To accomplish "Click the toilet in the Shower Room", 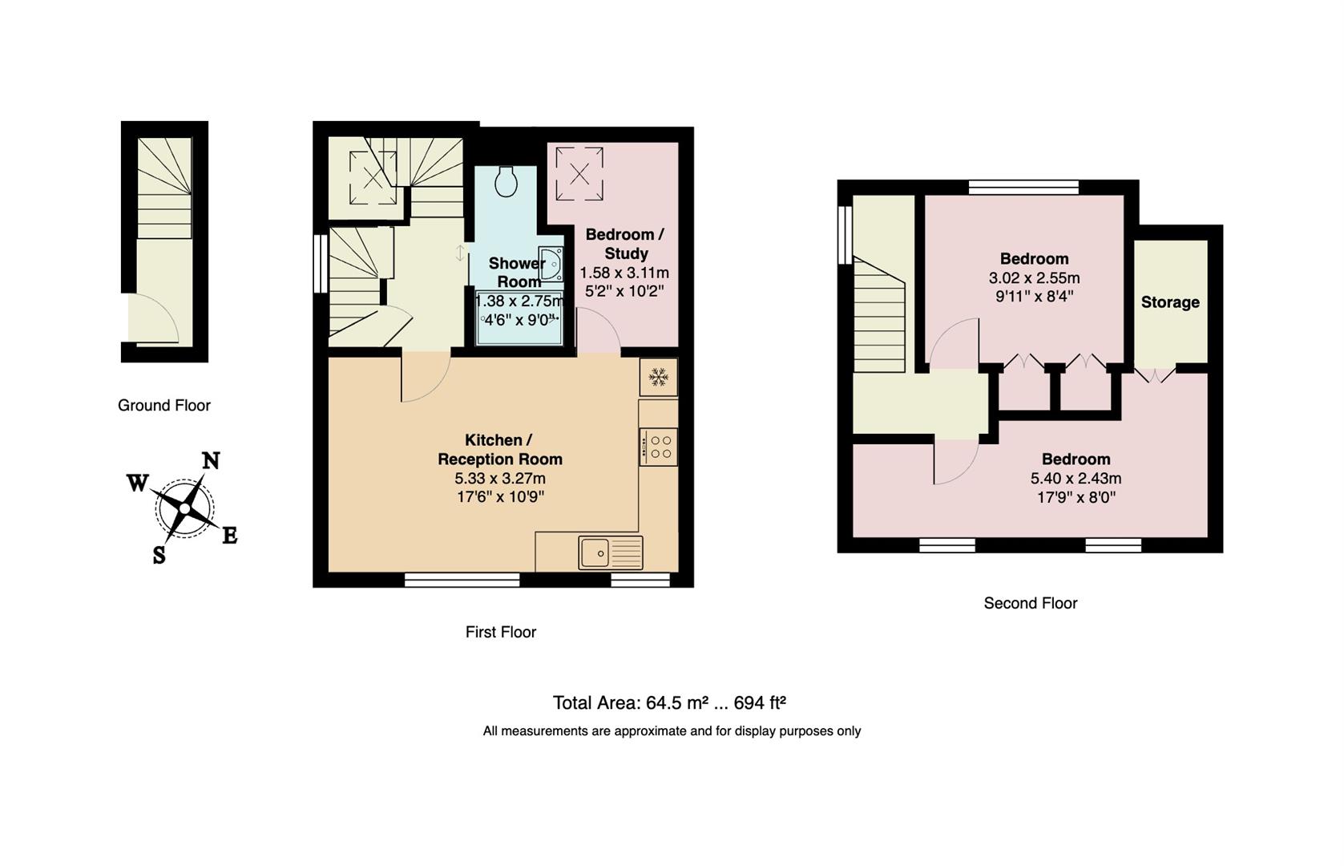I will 506,181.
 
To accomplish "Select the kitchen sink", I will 609,552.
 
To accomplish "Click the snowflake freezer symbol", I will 659,377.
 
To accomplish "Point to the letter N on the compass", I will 210,461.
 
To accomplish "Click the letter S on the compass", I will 159,554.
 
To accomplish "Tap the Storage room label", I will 1170,302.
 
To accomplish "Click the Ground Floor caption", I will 164,406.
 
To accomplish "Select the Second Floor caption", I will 1030,603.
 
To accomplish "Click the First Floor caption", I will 500,632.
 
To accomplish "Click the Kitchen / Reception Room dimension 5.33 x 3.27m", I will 499,479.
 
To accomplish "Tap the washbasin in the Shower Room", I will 551,263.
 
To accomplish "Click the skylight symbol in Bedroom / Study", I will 579,172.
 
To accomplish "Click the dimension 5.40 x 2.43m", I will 1076,479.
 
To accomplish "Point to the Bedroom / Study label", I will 624,244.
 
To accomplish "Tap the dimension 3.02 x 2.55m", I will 1034,278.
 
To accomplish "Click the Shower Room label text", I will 518,273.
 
